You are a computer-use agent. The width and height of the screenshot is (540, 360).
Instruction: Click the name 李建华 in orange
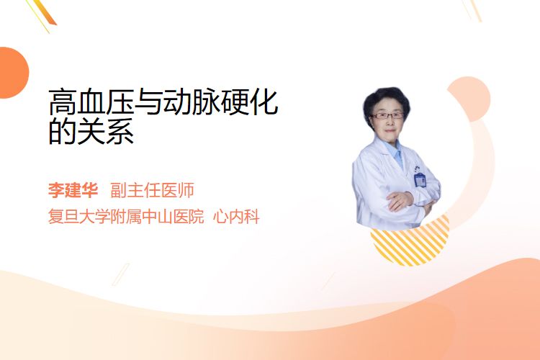click(x=73, y=190)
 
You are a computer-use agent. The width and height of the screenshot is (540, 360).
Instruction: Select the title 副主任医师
click(x=152, y=190)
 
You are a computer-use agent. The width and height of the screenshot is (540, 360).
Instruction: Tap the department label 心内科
click(x=236, y=217)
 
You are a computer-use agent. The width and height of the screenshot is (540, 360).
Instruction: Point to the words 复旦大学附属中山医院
click(x=126, y=217)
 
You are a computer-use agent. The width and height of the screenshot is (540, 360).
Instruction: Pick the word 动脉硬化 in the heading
click(x=220, y=102)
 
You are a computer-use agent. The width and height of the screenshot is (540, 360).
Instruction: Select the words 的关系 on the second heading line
click(x=91, y=131)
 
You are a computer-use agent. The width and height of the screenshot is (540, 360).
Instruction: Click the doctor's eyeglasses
click(x=387, y=115)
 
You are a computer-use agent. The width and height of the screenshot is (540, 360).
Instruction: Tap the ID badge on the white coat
click(x=420, y=179)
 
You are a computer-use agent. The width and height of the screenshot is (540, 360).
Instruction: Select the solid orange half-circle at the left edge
click(x=13, y=73)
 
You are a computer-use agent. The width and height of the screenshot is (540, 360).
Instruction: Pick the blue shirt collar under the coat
click(x=395, y=152)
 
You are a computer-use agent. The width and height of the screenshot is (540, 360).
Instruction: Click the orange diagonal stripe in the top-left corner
click(x=43, y=12)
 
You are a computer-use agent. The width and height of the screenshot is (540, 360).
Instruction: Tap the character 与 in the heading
click(x=148, y=102)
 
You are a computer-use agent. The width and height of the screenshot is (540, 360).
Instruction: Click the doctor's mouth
click(x=390, y=130)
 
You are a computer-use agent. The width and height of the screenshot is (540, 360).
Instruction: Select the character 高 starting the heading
click(x=63, y=102)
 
